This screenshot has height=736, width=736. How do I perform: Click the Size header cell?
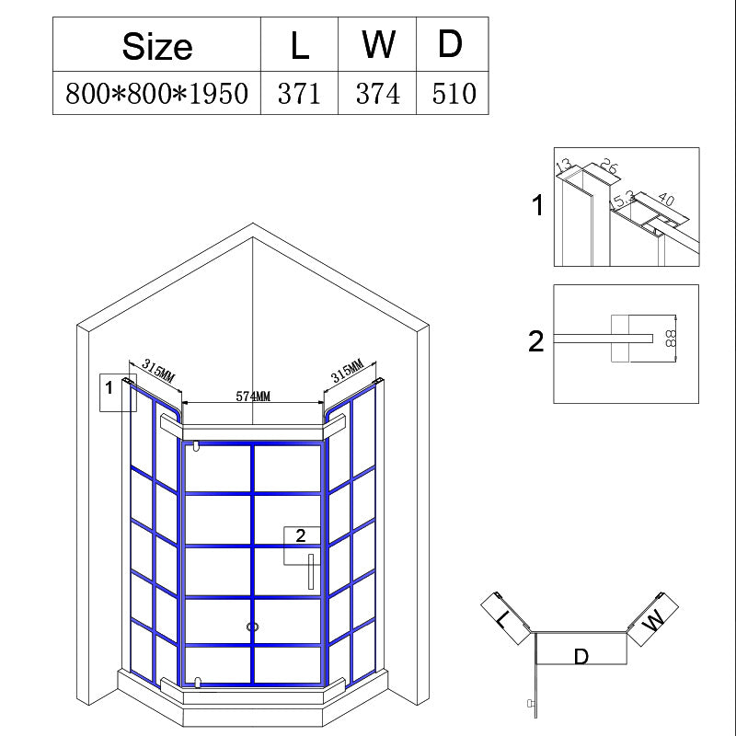pos(156,46)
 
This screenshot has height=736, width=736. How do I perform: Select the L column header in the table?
pos(300,46)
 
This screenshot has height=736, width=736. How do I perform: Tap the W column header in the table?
pos(378,44)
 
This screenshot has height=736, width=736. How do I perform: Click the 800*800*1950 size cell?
pos(156,94)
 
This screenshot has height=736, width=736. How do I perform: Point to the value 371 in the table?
pos(299,94)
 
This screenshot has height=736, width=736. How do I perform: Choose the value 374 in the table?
pos(378,94)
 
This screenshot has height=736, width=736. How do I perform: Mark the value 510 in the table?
pos(454,94)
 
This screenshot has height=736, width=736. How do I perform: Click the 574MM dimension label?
pos(253,397)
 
